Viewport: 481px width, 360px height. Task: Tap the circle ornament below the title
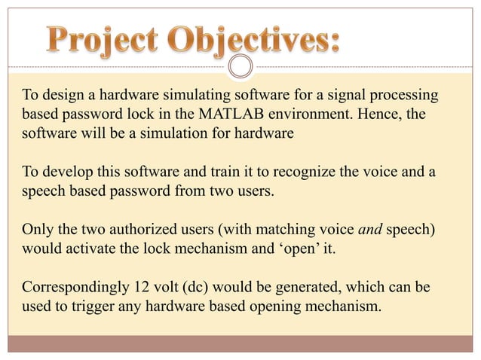pos(240,67)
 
